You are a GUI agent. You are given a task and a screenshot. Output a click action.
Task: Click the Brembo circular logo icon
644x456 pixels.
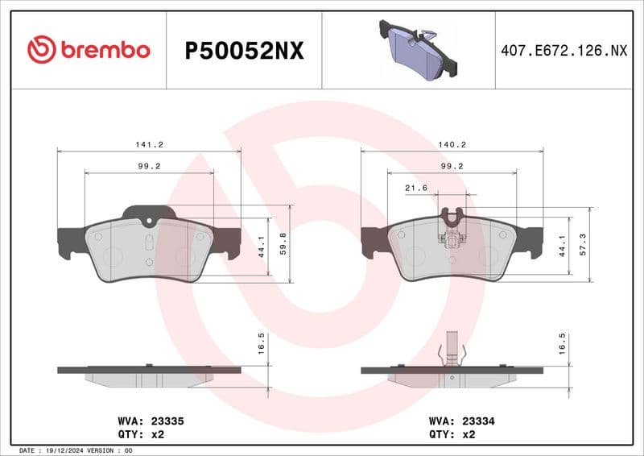pyautogui.click(x=41, y=50)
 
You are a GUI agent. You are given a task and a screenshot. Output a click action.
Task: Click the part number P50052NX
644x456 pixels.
pyautogui.click(x=244, y=51)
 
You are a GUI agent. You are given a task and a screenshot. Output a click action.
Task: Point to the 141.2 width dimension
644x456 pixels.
pyautogui.click(x=149, y=144)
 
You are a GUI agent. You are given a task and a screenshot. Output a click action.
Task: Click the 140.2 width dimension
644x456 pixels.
pyautogui.click(x=452, y=144)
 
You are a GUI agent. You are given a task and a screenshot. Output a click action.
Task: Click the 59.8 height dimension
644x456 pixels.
pyautogui.click(x=283, y=242)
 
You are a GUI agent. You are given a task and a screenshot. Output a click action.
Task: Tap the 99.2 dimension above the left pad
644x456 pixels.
pyautogui.click(x=149, y=166)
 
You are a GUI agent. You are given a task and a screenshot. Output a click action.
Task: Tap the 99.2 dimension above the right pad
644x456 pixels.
pyautogui.click(x=452, y=166)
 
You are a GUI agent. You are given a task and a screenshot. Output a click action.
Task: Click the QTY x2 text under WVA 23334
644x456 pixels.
pyautogui.click(x=452, y=434)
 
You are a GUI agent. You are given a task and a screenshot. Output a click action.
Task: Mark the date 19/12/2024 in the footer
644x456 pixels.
pyautogui.click(x=66, y=450)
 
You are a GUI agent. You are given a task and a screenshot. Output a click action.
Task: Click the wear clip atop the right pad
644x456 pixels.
pyautogui.click(x=452, y=226)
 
